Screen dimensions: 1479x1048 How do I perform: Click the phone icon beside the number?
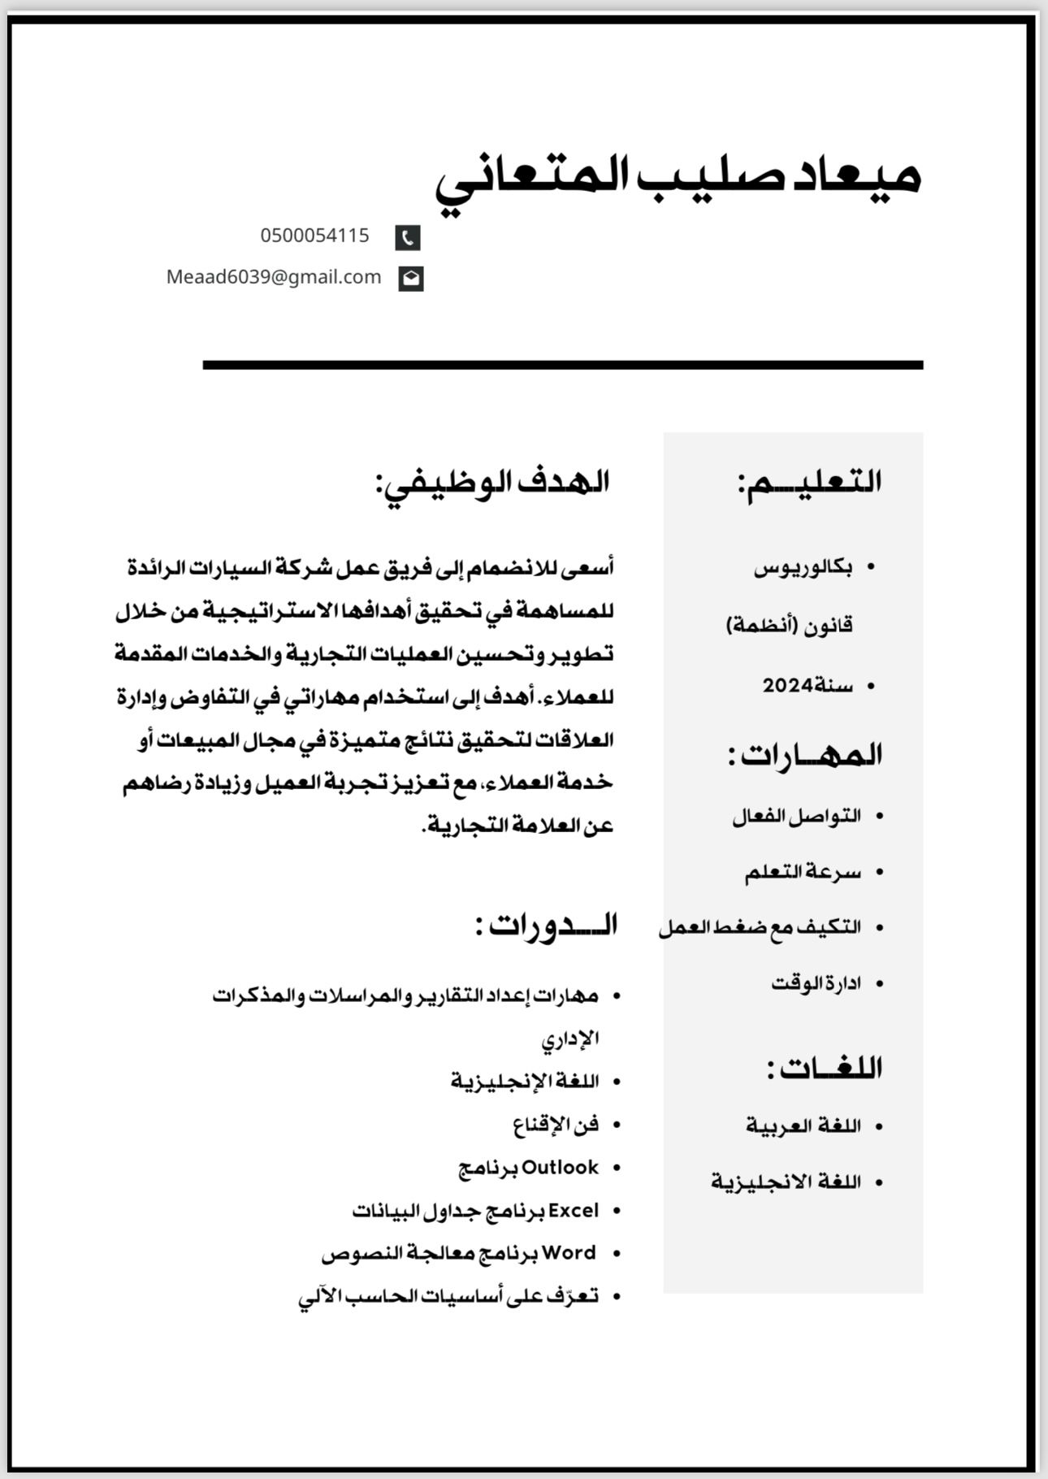(x=408, y=237)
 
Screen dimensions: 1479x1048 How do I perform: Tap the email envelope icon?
(x=411, y=278)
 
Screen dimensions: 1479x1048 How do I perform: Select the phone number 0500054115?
(x=314, y=236)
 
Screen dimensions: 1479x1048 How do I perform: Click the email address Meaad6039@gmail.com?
(x=274, y=277)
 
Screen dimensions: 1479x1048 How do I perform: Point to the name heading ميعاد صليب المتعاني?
(x=678, y=180)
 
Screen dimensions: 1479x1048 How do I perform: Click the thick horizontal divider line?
(x=562, y=365)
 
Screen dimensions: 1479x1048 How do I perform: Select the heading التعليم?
(x=810, y=482)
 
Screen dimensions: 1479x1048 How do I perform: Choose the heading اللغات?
(x=824, y=1068)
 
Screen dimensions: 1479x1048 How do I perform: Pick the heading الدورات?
(x=547, y=925)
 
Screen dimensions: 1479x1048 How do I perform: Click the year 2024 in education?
(x=787, y=686)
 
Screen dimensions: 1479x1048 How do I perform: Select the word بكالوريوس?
(x=803, y=568)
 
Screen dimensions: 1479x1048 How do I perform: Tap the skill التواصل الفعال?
(x=796, y=816)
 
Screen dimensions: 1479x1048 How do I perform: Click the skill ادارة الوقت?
(x=816, y=983)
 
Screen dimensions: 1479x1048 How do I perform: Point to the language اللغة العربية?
(x=803, y=1126)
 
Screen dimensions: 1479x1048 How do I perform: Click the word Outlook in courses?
(x=560, y=1168)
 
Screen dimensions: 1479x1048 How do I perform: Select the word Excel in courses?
(x=574, y=1211)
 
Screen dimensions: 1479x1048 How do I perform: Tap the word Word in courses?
(x=569, y=1253)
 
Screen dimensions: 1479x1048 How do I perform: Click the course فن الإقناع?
(x=556, y=1125)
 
